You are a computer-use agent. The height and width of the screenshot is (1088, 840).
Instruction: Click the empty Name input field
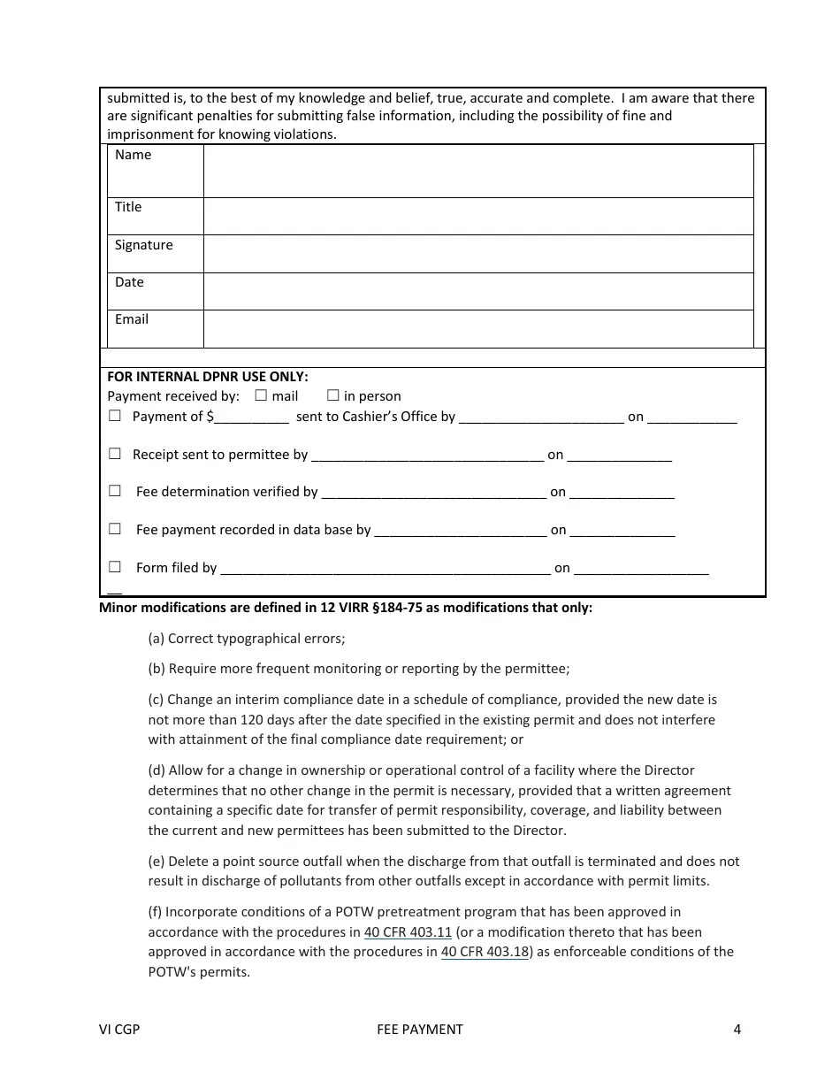click(477, 171)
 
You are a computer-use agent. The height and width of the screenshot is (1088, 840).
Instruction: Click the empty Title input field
click(477, 216)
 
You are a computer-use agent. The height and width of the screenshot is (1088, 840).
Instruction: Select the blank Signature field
click(477, 254)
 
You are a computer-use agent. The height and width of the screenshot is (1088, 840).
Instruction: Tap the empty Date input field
click(477, 291)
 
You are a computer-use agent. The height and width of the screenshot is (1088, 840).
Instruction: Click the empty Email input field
click(477, 328)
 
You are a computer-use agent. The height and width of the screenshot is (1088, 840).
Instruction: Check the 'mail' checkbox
click(261, 395)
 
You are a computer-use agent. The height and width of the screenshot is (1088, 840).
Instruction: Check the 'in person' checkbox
click(333, 395)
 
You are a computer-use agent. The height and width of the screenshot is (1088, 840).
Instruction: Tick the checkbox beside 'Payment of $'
click(115, 416)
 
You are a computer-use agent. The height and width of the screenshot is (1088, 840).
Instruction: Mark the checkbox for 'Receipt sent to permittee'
click(115, 454)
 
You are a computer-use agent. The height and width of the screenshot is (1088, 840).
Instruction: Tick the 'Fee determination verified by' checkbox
click(115, 491)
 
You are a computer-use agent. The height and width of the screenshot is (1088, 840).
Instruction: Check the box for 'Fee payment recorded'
click(115, 529)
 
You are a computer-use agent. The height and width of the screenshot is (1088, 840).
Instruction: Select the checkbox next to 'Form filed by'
click(115, 567)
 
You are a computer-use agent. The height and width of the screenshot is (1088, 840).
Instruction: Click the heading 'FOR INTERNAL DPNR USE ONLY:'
click(208, 376)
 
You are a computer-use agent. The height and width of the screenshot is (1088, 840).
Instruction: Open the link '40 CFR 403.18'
click(485, 952)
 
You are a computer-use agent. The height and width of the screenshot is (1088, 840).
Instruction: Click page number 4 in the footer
click(737, 1029)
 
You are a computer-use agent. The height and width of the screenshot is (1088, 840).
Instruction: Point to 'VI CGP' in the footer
click(119, 1029)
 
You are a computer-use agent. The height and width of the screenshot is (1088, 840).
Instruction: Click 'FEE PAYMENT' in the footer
click(420, 1029)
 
